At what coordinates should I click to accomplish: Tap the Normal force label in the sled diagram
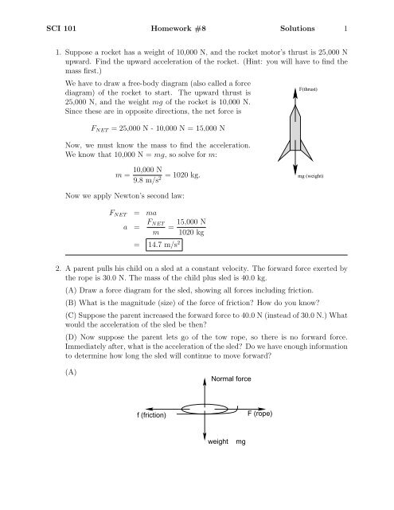(x=232, y=379)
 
